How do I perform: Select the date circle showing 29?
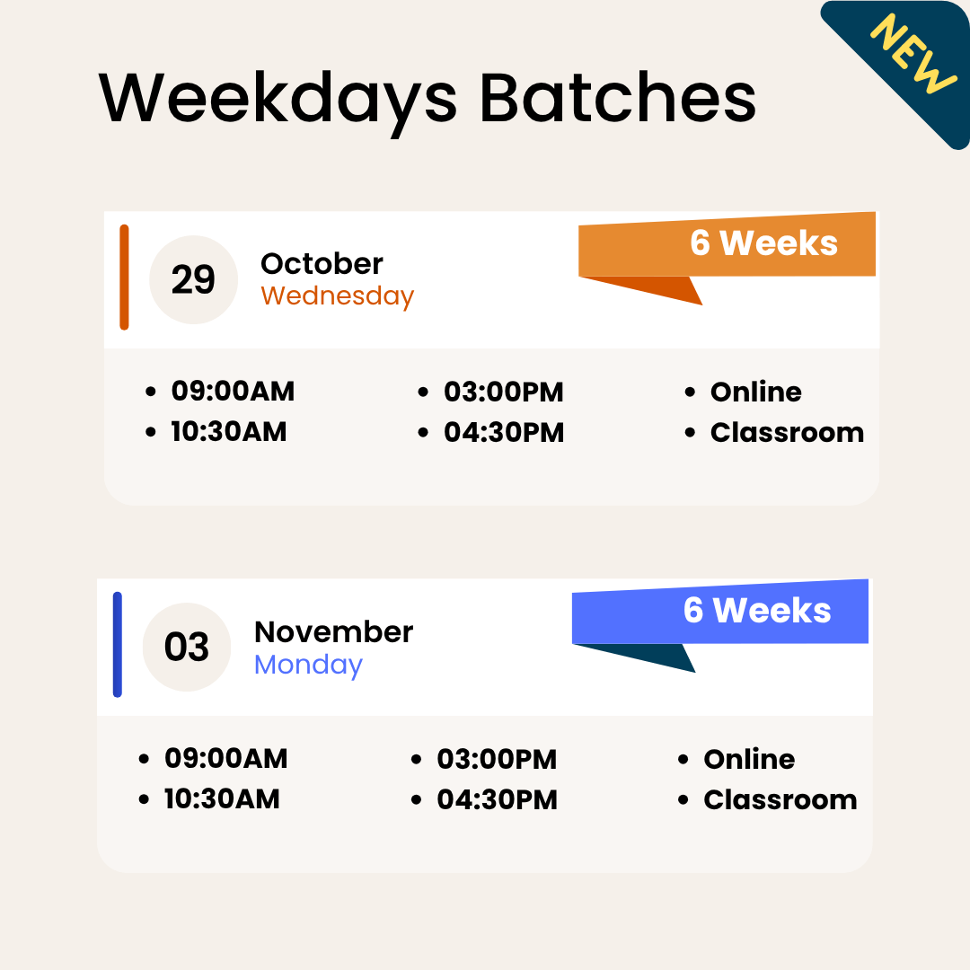coord(193,280)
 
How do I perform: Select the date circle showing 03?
coord(187,648)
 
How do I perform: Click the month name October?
coord(322,264)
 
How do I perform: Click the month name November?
coord(333,631)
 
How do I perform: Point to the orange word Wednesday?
coord(337,296)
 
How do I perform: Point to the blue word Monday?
coord(308,665)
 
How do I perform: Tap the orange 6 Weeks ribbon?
coord(763,243)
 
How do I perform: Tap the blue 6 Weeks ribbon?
coord(756,611)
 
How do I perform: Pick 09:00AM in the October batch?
coord(233,392)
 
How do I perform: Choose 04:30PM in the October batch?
coord(504,432)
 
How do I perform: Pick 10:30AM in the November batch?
coord(222,798)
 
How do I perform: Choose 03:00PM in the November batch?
coord(497,759)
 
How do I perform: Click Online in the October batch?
coord(755,392)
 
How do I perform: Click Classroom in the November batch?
coord(780,799)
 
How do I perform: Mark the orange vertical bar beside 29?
coord(124,277)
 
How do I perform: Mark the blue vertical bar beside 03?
coord(118,644)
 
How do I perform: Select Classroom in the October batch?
coord(787,432)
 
